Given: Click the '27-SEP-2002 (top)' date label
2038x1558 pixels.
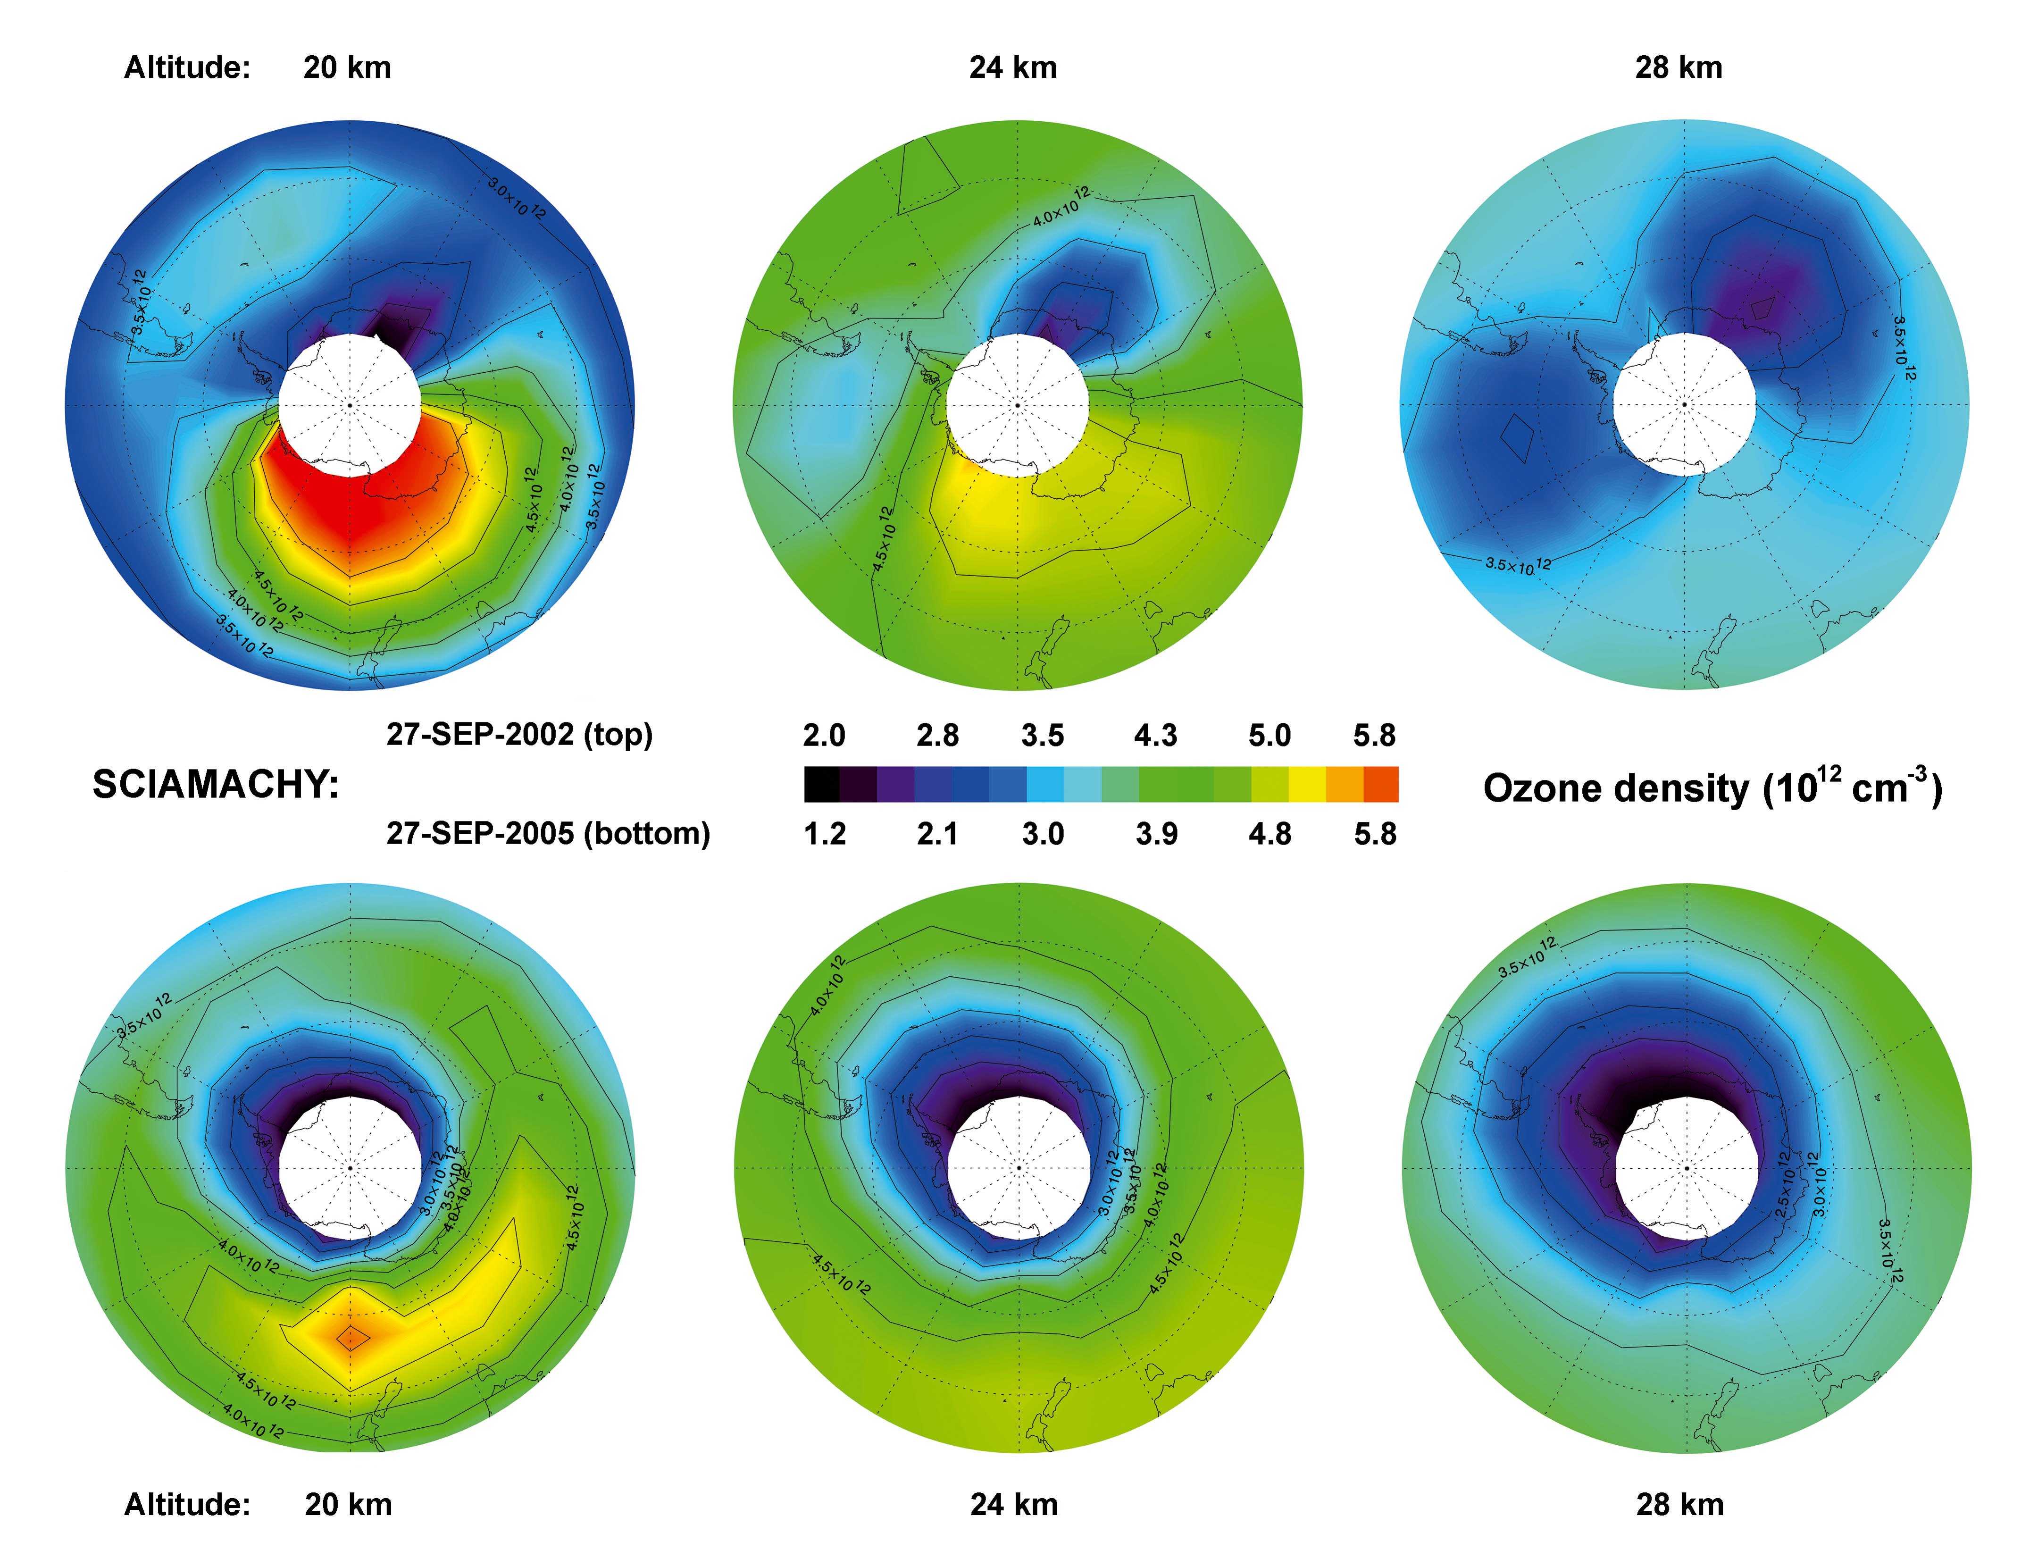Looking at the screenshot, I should (x=519, y=735).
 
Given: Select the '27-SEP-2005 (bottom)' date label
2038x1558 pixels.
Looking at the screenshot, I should (x=548, y=833).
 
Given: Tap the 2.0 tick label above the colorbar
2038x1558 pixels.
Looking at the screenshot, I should (x=823, y=736).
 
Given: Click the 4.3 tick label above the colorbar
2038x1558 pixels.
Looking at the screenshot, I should (x=1155, y=736).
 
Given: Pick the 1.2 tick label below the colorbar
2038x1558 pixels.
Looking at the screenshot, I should (x=824, y=834).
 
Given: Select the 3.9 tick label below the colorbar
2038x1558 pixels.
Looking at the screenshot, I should (x=1156, y=834).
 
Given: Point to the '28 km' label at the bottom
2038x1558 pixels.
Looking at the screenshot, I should (x=1679, y=1504).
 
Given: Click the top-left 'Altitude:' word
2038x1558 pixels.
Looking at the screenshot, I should (x=187, y=67).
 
